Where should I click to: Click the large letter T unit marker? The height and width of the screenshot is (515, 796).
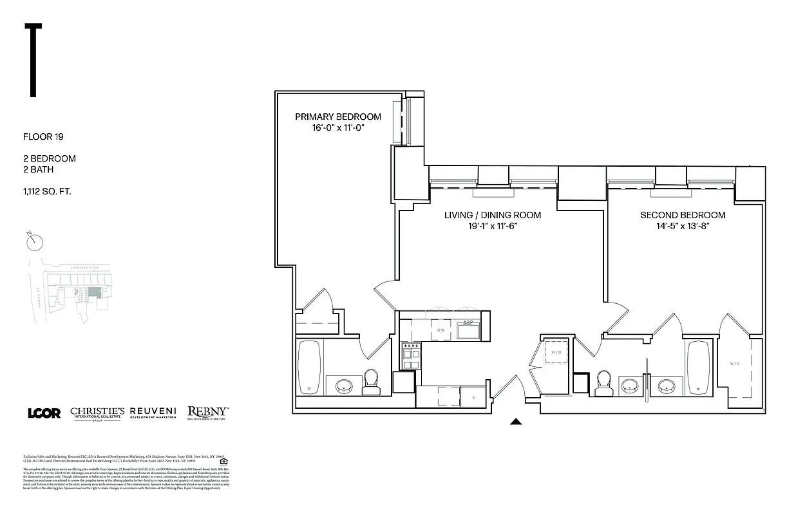coord(33,60)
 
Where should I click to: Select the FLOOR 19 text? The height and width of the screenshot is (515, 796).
coord(43,136)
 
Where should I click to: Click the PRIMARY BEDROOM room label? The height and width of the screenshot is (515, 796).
coord(337,117)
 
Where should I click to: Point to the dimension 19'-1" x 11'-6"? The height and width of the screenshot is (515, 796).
coord(492,227)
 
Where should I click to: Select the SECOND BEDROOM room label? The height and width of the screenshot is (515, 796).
coord(682,215)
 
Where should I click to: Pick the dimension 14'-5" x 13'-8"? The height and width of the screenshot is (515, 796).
coord(682,227)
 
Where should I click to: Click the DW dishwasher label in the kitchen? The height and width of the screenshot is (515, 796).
coord(441,331)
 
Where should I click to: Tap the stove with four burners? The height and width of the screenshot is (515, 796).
coord(410,356)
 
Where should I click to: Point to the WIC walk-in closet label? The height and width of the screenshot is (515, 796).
coord(735,364)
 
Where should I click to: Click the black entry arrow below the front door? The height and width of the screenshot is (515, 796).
coord(515,422)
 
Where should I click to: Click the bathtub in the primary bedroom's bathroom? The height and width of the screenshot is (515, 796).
coord(310,366)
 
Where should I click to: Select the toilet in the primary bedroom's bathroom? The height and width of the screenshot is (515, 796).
coord(372,382)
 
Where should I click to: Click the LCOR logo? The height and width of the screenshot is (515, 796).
coord(44,413)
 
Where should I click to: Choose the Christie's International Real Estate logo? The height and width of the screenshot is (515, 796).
coord(97,413)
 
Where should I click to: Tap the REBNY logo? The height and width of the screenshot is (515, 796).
coord(207,412)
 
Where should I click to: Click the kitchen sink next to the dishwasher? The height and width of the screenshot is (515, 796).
coord(468,331)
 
